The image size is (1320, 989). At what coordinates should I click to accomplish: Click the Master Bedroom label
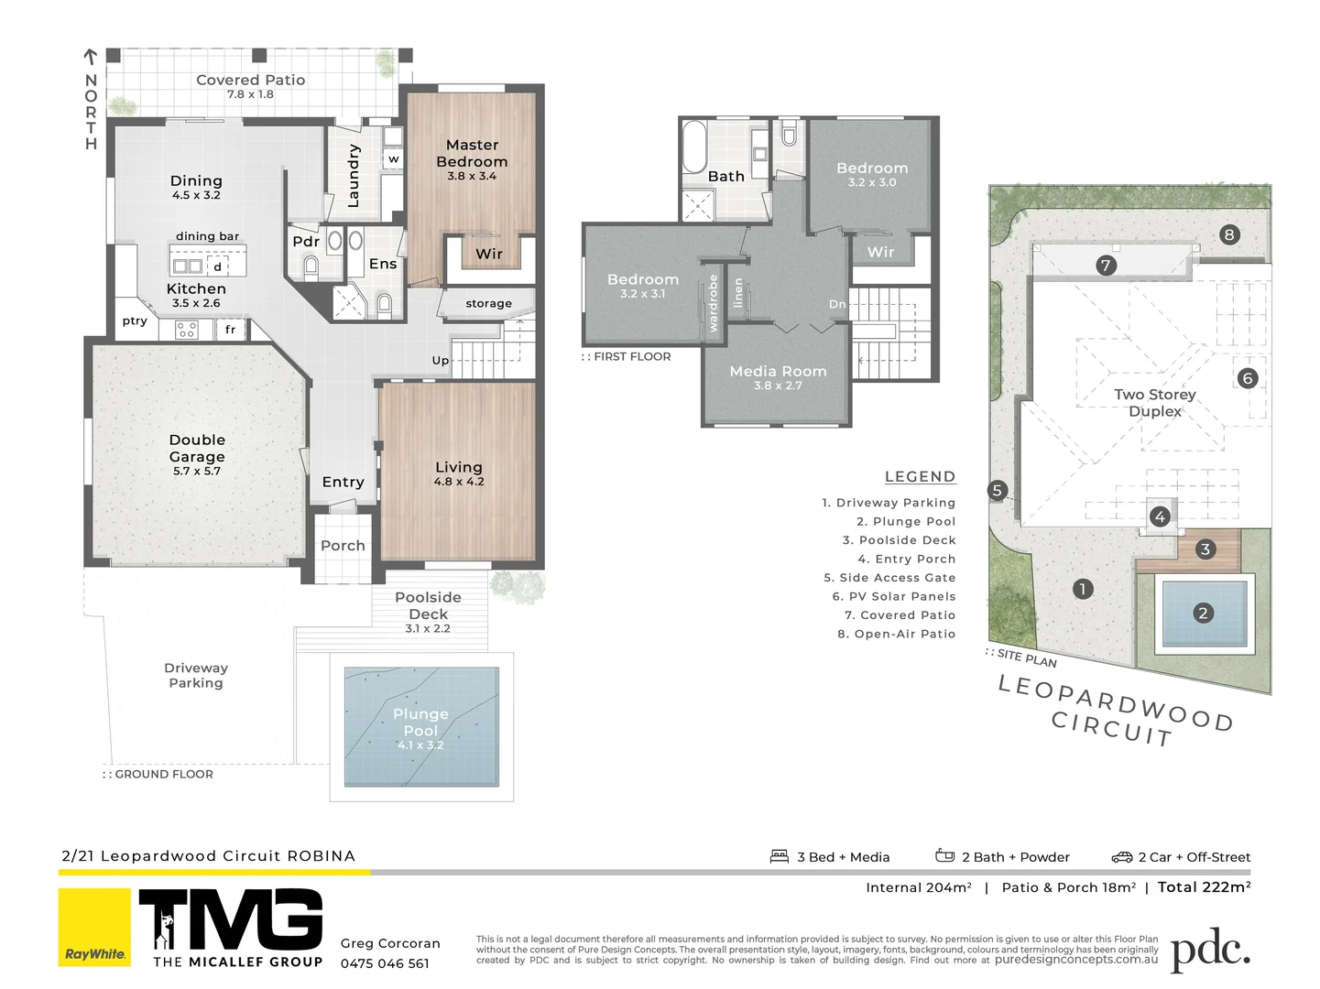click(x=472, y=153)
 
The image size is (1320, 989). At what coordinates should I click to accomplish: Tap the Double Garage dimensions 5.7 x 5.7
click(x=197, y=472)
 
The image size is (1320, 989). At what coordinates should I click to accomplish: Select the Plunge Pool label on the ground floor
click(x=420, y=722)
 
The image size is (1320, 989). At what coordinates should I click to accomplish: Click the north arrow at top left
click(x=91, y=58)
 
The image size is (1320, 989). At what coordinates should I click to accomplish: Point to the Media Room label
click(x=778, y=371)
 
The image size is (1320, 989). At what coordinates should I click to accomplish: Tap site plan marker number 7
click(x=1106, y=266)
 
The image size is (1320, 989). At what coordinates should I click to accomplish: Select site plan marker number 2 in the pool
click(x=1203, y=614)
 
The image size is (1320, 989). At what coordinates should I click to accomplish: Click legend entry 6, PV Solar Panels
click(x=893, y=596)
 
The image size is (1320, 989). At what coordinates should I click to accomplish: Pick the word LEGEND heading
click(x=920, y=476)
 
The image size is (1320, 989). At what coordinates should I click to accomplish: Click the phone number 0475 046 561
click(x=385, y=963)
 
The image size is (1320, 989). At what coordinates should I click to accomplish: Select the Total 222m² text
click(x=1204, y=886)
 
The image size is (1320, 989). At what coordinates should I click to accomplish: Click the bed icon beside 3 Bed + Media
click(x=780, y=856)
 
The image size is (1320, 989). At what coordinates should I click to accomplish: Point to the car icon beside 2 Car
click(x=1122, y=857)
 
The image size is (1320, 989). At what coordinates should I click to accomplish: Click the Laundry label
click(x=354, y=176)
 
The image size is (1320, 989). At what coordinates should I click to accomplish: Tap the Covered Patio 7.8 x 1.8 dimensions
click(x=250, y=94)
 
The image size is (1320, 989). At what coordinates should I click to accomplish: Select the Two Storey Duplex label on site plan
click(x=1154, y=402)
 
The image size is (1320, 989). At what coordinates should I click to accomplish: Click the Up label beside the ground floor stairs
click(x=441, y=360)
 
